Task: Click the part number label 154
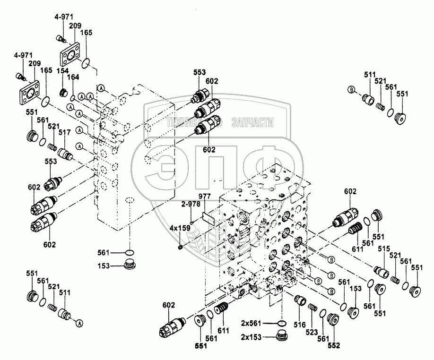(63, 71)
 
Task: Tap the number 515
(383, 249)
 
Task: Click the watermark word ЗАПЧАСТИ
(253, 123)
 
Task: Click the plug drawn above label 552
(333, 320)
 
